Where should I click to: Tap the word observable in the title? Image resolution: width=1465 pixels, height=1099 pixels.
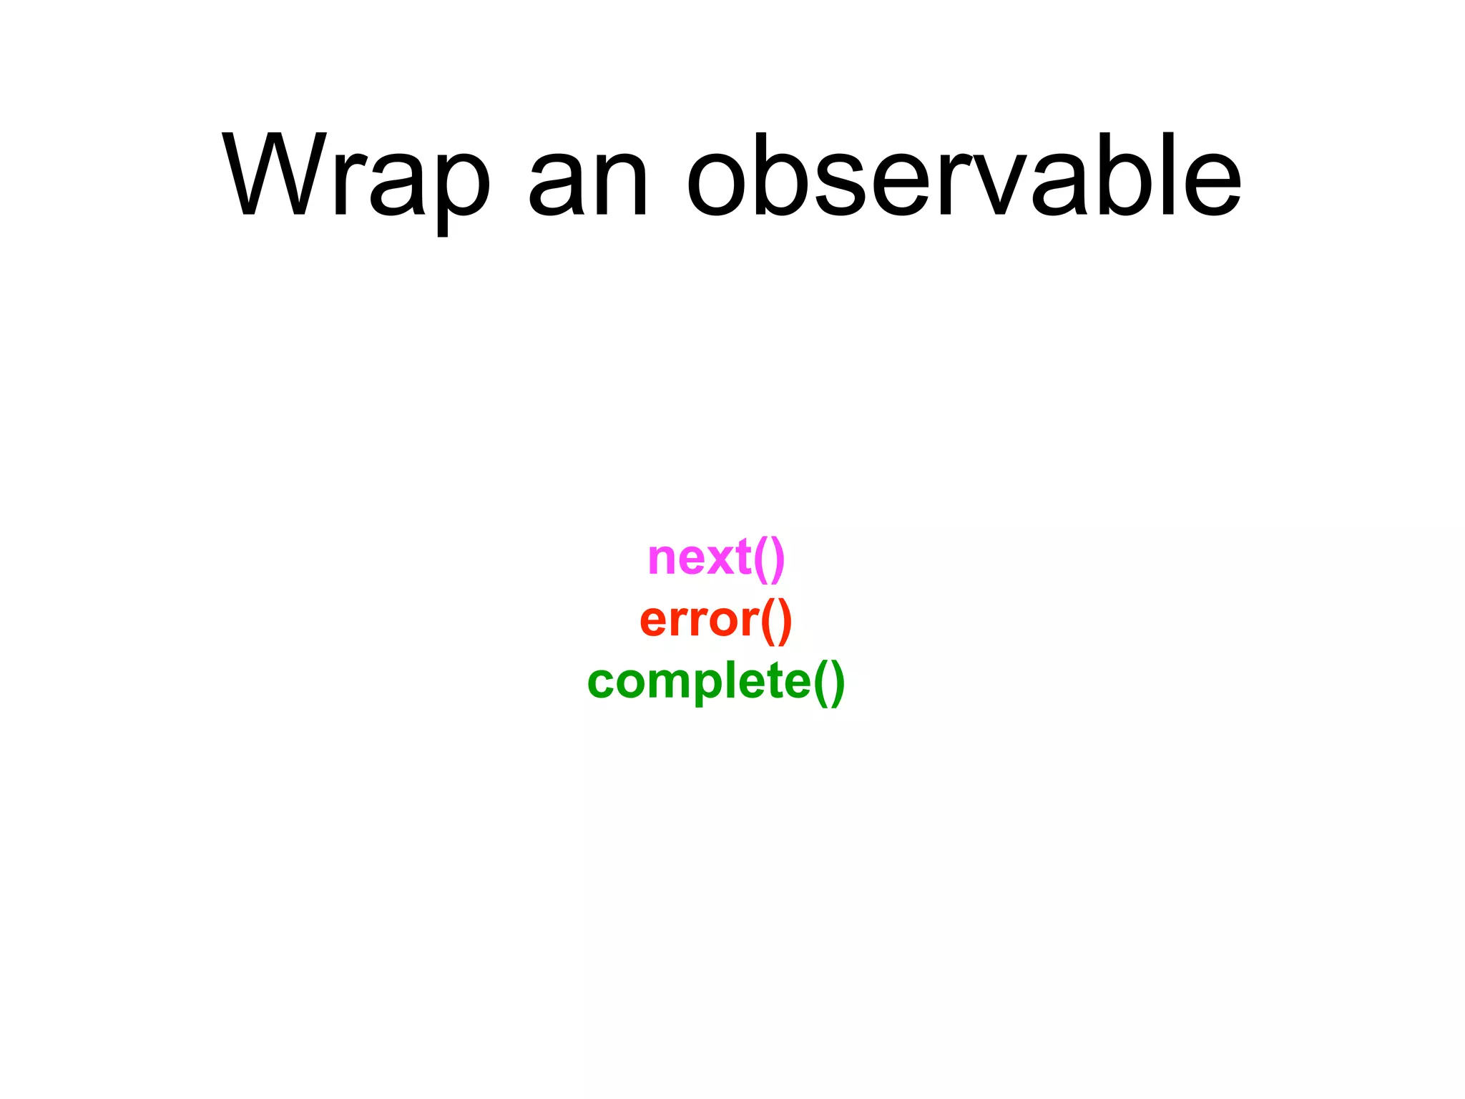click(x=963, y=175)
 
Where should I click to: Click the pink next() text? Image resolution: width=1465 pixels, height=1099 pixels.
click(x=716, y=557)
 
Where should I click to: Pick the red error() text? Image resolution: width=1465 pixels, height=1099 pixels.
click(x=716, y=620)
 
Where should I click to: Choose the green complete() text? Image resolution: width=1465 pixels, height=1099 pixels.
click(x=716, y=682)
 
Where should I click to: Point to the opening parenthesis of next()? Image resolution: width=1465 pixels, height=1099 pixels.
click(x=760, y=559)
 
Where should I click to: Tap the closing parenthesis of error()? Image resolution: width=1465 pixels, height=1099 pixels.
click(x=785, y=621)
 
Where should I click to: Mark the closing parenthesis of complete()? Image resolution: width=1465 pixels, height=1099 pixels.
click(x=838, y=683)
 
